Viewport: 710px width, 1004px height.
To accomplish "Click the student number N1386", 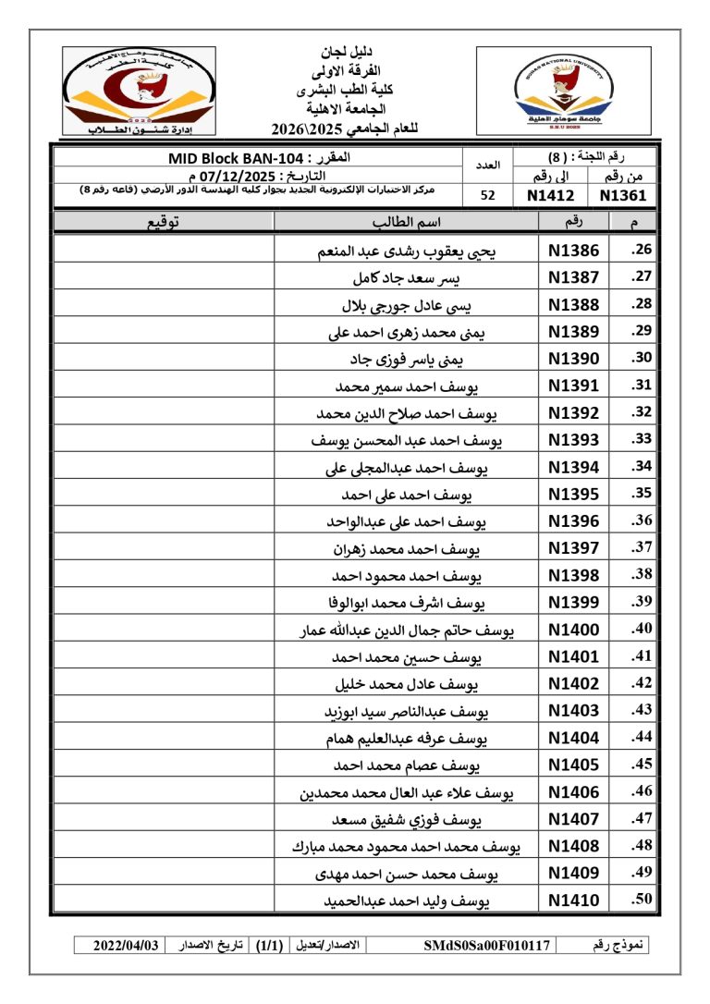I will pyautogui.click(x=573, y=251).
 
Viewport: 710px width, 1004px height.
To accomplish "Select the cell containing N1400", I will pyautogui.click(x=573, y=630).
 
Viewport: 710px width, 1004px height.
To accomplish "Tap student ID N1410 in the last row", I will pyautogui.click(x=573, y=900).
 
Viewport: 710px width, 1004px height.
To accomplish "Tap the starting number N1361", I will pyautogui.click(x=622, y=195).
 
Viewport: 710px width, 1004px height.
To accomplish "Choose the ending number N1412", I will pyautogui.click(x=550, y=195).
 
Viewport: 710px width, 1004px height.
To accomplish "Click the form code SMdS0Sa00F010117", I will pyautogui.click(x=488, y=946).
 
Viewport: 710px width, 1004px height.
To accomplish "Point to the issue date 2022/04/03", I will pyautogui.click(x=127, y=946).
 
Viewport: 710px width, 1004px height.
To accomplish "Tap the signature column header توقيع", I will pyautogui.click(x=164, y=222).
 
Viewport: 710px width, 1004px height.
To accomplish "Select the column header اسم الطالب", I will pyautogui.click(x=406, y=222).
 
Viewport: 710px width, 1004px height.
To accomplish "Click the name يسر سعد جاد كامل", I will pyautogui.click(x=407, y=277).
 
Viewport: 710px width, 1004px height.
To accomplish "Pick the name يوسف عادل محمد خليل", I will pyautogui.click(x=406, y=684).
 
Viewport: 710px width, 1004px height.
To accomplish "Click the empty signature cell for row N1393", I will pyautogui.click(x=164, y=440).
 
